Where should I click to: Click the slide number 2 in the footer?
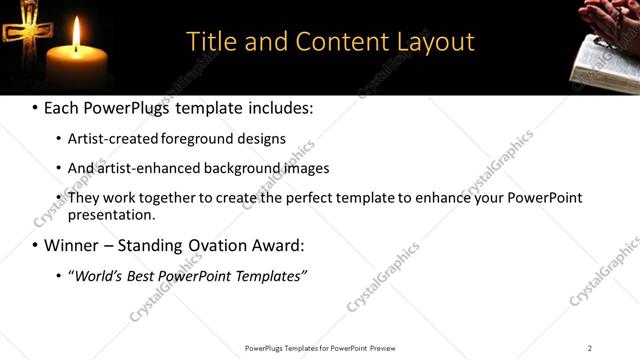(589, 348)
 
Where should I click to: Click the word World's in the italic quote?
(96, 275)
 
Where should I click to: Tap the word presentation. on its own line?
(111, 214)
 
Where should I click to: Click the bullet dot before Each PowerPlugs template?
(36, 107)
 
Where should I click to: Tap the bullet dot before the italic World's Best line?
(59, 275)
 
